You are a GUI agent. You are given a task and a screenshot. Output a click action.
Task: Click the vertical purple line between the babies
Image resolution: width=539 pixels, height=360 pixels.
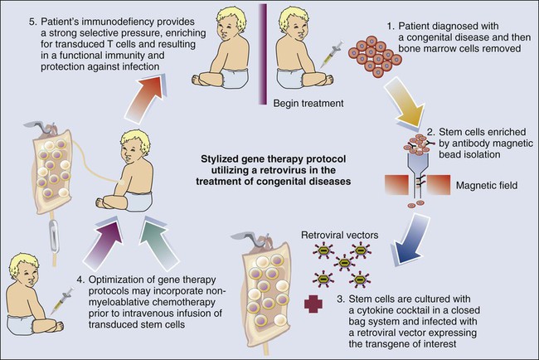(264, 50)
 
